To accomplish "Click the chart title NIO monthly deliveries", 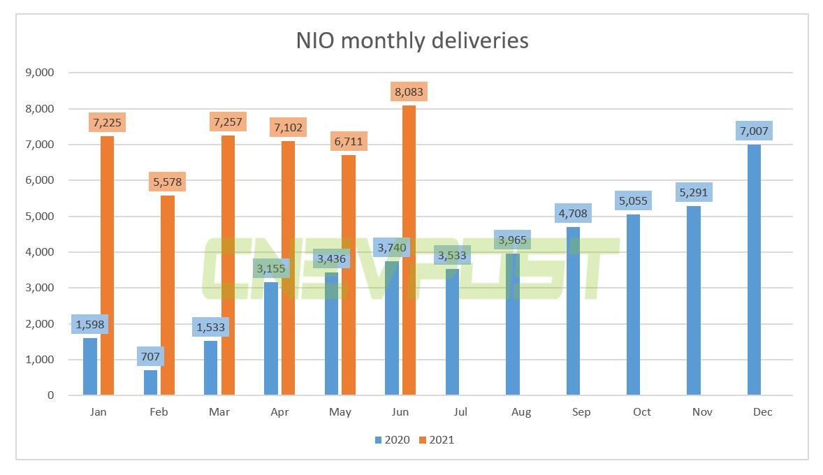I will [412, 41].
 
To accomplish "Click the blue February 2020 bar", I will [150, 383].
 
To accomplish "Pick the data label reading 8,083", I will [409, 92].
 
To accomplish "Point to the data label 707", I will [150, 356].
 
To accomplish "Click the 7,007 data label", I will [754, 131].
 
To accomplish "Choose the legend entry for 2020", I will [391, 440].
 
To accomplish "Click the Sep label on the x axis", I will [581, 412].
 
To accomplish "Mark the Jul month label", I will [460, 412].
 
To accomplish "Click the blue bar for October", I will [633, 305].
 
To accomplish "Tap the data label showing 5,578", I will [168, 182].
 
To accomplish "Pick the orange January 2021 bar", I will [107, 265].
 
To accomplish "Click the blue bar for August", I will [512, 324].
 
